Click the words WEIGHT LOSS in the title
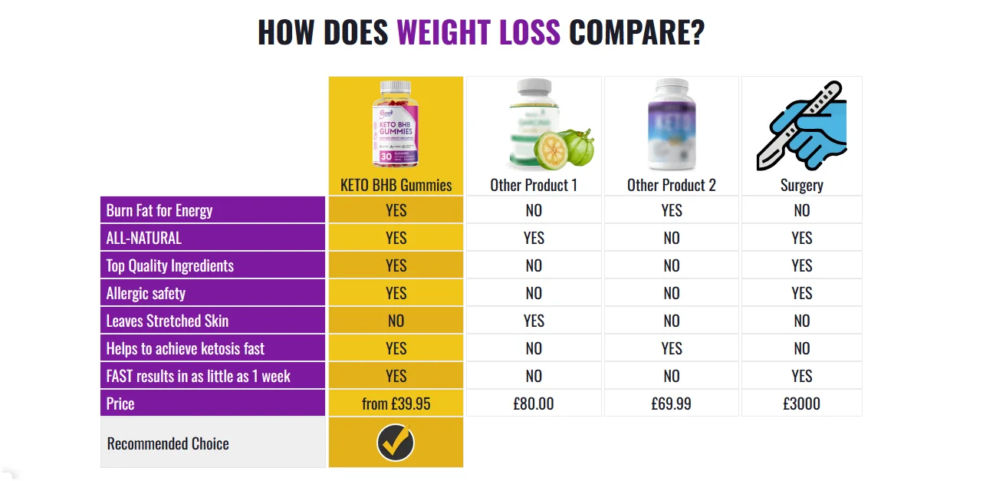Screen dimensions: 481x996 pyautogui.click(x=478, y=32)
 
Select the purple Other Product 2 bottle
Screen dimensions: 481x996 pyautogui.click(x=671, y=124)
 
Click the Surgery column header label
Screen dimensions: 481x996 pyautogui.click(x=801, y=185)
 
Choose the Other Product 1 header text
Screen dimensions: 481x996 pyautogui.click(x=534, y=185)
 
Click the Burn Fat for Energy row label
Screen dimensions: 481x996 pyautogui.click(x=159, y=210)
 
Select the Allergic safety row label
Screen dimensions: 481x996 pyautogui.click(x=146, y=293)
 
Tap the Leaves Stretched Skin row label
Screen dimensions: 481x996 pyautogui.click(x=167, y=321)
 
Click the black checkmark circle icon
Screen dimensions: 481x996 pyautogui.click(x=396, y=443)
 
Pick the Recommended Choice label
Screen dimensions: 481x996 pyautogui.click(x=168, y=443)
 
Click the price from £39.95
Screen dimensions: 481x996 pyautogui.click(x=396, y=404)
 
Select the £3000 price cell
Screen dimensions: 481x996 pyautogui.click(x=801, y=404)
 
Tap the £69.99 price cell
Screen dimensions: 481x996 pyautogui.click(x=671, y=404)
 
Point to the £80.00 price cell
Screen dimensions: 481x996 pyautogui.click(x=534, y=404)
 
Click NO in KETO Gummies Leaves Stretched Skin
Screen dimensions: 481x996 pyautogui.click(x=396, y=321)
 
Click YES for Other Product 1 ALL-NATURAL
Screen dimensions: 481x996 pyautogui.click(x=534, y=238)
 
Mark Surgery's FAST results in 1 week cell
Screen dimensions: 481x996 pyautogui.click(x=801, y=376)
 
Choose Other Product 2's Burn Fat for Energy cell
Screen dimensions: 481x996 pyautogui.click(x=671, y=210)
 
